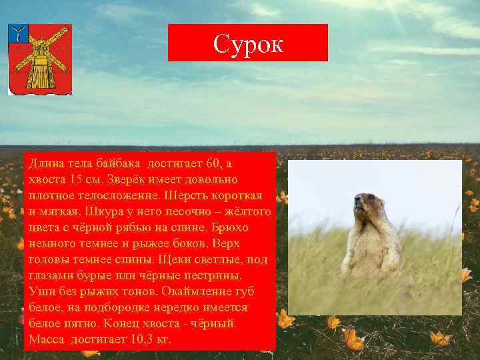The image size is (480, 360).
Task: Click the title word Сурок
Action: point(248,44)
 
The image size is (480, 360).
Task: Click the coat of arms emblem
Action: point(39,59)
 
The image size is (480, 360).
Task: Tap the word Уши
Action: point(39,291)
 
